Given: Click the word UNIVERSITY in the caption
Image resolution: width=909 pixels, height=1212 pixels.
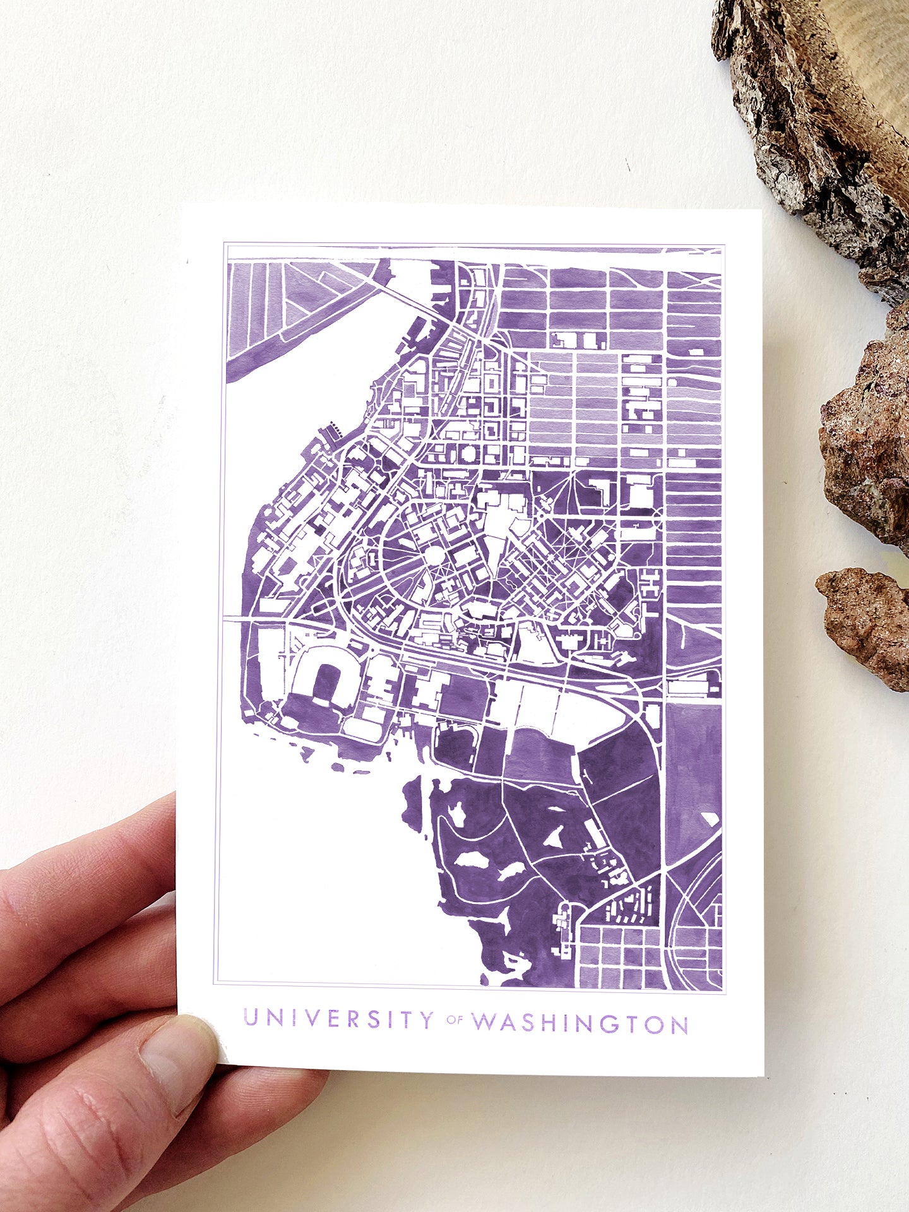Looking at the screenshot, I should pyautogui.click(x=338, y=1019).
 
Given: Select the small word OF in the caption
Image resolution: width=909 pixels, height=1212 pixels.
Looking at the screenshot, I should pyautogui.click(x=454, y=1020).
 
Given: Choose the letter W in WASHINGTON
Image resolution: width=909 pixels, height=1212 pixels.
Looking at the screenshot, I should pyautogui.click(x=485, y=1022).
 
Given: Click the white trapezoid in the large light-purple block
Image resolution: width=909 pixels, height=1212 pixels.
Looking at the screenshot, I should pyautogui.click(x=711, y=818).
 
